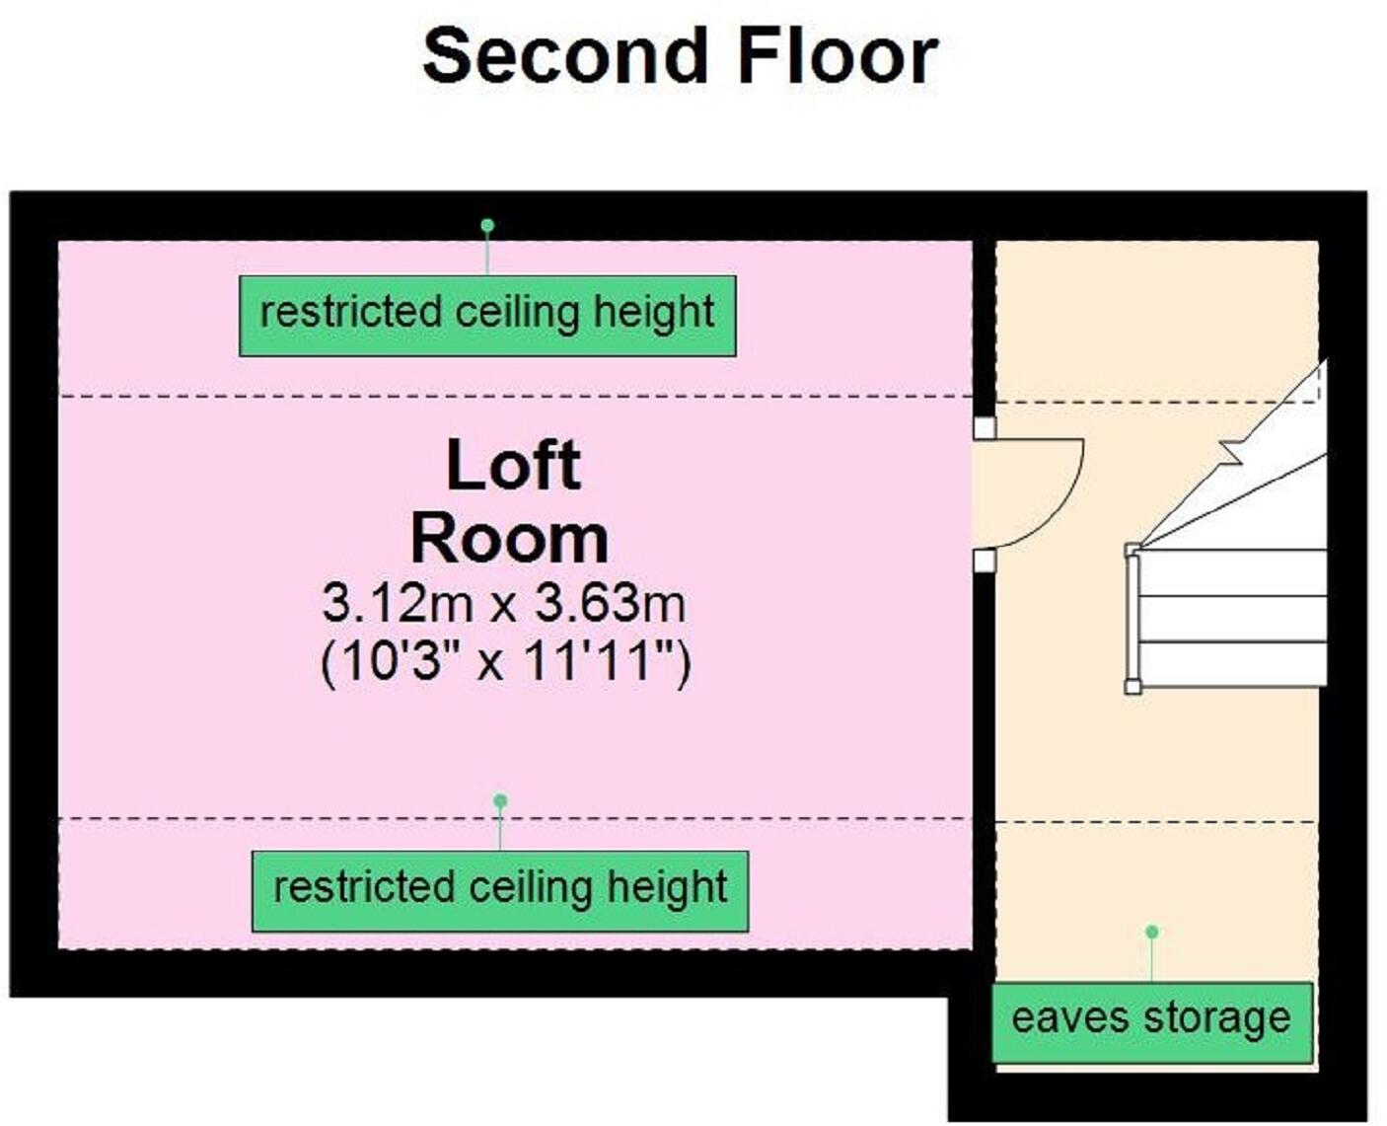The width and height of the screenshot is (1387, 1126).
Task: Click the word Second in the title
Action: [564, 56]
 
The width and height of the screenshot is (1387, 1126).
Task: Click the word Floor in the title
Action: [838, 56]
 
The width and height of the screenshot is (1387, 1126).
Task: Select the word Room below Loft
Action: [510, 541]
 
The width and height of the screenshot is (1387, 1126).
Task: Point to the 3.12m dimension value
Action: [398, 604]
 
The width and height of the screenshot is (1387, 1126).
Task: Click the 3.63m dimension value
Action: [610, 604]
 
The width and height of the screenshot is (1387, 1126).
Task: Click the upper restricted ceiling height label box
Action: [487, 316]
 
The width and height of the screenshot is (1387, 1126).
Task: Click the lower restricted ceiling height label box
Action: [500, 891]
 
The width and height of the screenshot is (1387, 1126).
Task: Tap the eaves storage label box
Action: [1151, 1022]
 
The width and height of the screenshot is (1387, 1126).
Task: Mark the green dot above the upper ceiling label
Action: [487, 226]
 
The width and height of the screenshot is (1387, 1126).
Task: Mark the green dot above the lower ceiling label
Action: [500, 800]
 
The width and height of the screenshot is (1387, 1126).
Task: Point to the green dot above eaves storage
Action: [1152, 932]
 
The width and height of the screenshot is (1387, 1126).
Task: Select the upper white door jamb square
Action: [985, 428]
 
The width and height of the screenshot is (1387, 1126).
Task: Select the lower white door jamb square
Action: [985, 561]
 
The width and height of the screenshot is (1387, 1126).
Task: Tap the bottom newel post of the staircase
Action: [1133, 686]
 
